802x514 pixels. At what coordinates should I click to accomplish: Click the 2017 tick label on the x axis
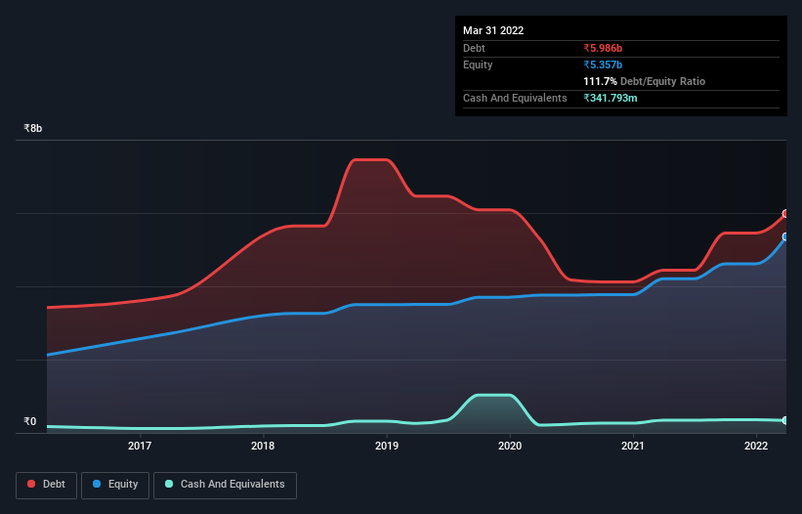click(140, 447)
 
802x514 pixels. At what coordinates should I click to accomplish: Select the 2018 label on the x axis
click(263, 447)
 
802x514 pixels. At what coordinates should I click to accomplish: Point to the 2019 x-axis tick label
click(387, 447)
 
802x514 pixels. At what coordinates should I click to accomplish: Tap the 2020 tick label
click(510, 447)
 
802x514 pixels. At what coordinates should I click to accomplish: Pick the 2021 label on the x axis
click(633, 447)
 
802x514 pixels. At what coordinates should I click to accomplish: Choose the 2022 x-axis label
click(756, 447)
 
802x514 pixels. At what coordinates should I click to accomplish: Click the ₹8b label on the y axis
click(33, 129)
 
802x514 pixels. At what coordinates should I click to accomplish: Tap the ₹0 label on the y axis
click(29, 422)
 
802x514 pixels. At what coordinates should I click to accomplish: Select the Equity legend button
click(115, 485)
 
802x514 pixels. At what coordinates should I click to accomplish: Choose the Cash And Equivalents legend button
click(225, 485)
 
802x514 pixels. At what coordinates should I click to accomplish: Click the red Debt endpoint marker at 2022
click(784, 214)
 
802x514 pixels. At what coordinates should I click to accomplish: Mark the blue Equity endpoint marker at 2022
click(784, 236)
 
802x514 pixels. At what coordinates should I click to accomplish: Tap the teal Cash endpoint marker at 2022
click(784, 420)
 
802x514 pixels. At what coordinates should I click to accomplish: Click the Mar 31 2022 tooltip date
click(493, 30)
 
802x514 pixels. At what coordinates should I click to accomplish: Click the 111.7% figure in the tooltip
click(601, 82)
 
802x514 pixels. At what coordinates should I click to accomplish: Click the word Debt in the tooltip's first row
click(474, 48)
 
